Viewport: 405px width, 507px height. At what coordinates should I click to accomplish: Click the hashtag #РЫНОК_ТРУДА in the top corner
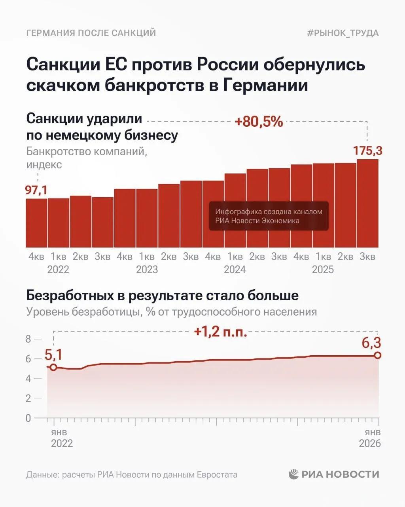(x=343, y=33)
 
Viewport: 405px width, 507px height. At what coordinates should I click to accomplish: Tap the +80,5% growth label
(x=259, y=122)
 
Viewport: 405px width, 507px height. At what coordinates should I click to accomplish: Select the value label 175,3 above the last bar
(x=367, y=151)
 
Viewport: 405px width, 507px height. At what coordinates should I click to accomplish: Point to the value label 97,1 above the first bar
(x=36, y=190)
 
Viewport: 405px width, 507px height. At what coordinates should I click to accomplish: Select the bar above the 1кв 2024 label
(x=235, y=210)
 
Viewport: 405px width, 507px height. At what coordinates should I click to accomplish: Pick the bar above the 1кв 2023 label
(x=147, y=218)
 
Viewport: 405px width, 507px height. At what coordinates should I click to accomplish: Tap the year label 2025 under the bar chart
(x=323, y=270)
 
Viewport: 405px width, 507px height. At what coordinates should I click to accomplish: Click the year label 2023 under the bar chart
(x=147, y=270)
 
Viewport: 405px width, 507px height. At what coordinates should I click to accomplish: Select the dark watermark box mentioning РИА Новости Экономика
(x=269, y=216)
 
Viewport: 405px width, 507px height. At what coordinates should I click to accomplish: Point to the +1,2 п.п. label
(x=221, y=332)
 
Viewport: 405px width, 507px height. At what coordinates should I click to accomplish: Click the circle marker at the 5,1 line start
(x=53, y=367)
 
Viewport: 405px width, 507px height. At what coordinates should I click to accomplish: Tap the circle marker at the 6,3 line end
(x=378, y=355)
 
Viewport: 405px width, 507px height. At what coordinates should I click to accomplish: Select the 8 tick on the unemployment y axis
(x=28, y=339)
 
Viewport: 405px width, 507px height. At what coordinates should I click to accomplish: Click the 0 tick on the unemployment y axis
(x=28, y=418)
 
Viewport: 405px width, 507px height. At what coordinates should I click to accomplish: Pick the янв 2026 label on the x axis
(x=370, y=438)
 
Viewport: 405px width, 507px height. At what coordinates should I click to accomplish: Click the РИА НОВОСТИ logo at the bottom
(x=334, y=474)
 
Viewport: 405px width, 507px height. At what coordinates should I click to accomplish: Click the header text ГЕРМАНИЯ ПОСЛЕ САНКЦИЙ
(x=91, y=33)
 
